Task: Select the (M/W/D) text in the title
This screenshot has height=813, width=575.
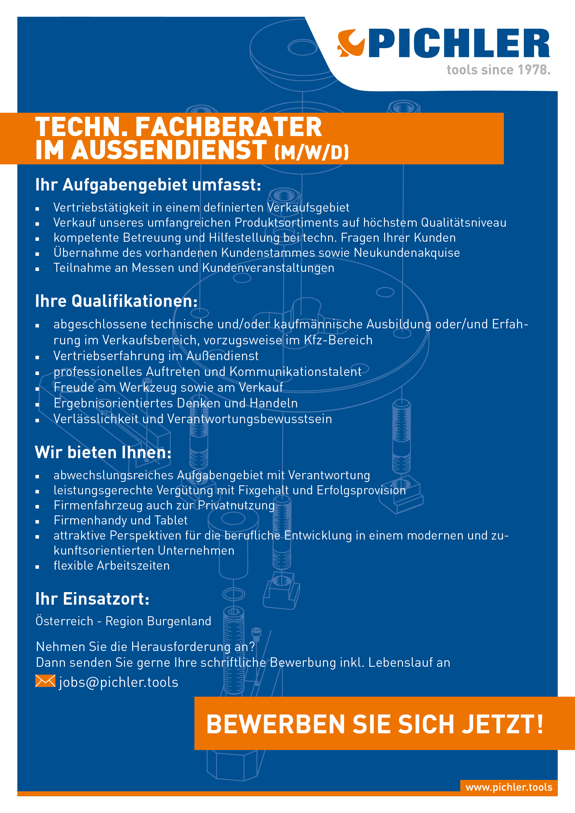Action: pyautogui.click(x=312, y=152)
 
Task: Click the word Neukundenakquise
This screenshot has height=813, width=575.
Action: pyautogui.click(x=407, y=253)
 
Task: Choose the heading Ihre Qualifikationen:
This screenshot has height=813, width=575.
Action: pyautogui.click(x=116, y=301)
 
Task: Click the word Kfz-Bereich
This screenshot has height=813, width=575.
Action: pyautogui.click(x=338, y=340)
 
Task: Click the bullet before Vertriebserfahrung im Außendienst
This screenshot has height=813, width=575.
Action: pyautogui.click(x=37, y=358)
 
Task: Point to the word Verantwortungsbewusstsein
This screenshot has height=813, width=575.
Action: pyautogui.click(x=249, y=419)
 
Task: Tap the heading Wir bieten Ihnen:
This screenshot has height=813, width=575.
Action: pyautogui.click(x=103, y=453)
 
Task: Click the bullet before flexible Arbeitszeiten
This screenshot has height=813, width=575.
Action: pyautogui.click(x=37, y=567)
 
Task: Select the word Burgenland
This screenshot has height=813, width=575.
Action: pyautogui.click(x=179, y=621)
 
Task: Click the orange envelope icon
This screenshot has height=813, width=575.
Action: pyautogui.click(x=45, y=681)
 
